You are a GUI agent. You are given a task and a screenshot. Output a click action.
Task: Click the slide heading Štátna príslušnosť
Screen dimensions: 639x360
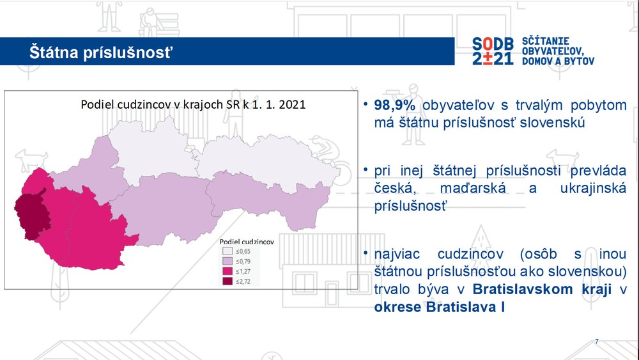tap(101, 52)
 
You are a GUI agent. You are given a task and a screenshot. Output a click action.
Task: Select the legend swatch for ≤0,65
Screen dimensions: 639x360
tap(227, 251)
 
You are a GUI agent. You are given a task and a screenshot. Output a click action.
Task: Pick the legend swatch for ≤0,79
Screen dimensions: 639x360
tap(227, 261)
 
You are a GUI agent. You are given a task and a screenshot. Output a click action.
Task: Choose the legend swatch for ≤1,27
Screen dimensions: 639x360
tap(227, 271)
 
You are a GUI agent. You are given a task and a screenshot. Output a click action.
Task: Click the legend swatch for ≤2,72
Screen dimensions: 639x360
tap(227, 281)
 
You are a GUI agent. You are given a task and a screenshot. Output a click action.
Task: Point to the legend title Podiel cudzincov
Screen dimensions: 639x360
tap(247, 242)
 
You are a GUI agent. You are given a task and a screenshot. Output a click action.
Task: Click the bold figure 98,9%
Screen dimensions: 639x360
tap(394, 106)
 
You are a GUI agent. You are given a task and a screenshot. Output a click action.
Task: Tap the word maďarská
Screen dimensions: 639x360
tap(473, 189)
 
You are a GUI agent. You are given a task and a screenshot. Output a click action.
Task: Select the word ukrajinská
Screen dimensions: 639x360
tap(593, 189)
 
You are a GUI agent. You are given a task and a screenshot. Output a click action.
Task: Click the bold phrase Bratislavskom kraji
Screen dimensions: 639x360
tap(542, 289)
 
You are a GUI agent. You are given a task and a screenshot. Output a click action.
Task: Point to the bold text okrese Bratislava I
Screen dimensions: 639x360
tap(440, 307)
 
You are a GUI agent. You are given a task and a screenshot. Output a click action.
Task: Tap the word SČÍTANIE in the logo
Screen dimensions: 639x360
tap(546, 41)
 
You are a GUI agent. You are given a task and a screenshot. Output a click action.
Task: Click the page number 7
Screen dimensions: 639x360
tap(597, 341)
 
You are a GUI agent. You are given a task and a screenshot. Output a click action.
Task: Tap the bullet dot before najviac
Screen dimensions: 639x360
tap(366, 253)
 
